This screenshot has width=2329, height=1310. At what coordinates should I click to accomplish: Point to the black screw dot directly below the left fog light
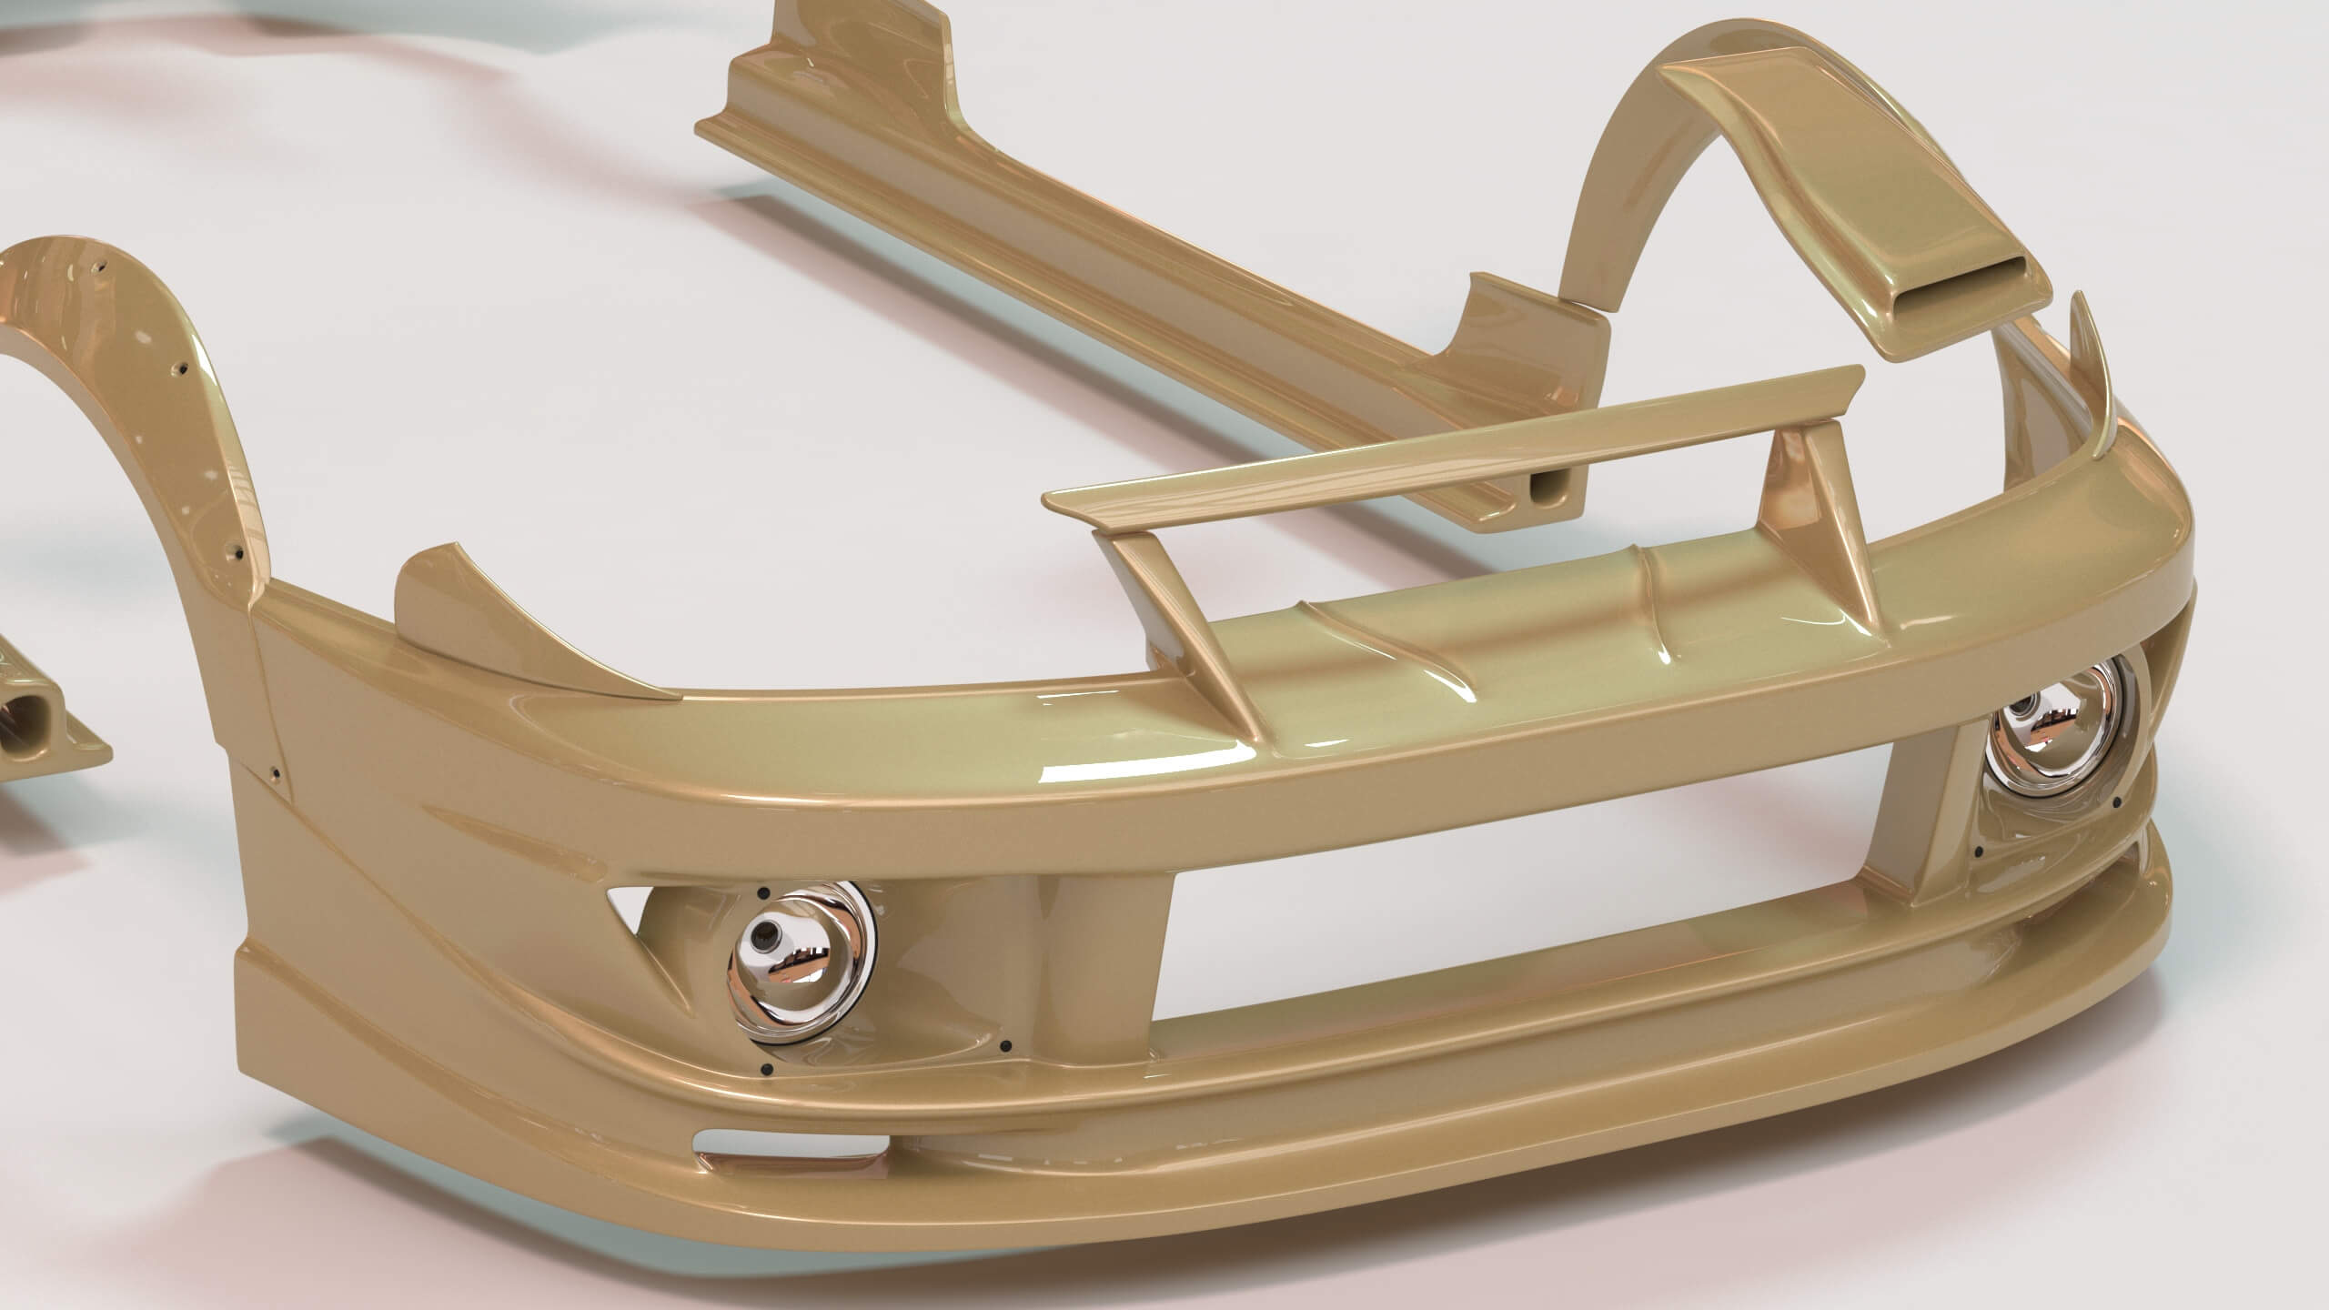click(x=768, y=1069)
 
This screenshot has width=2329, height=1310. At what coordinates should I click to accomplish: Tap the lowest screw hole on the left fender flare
click(x=237, y=551)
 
